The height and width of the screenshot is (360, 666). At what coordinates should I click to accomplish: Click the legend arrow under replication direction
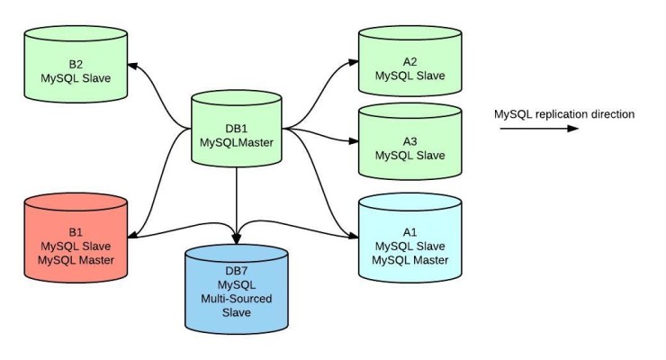pos(538,129)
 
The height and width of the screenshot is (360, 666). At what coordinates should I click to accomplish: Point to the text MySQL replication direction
pos(564,114)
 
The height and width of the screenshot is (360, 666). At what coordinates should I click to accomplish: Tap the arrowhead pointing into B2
pos(132,65)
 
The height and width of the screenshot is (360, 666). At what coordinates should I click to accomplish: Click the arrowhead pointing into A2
pos(353,62)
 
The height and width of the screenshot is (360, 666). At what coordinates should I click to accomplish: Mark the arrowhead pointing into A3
pos(353,140)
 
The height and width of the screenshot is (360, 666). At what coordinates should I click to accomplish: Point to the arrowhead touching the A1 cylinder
pos(352,237)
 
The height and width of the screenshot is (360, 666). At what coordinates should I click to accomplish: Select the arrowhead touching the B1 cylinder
pos(134,236)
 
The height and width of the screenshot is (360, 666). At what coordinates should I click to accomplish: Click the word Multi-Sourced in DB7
pos(237,299)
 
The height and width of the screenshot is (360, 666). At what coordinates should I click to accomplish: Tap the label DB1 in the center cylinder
pos(237,127)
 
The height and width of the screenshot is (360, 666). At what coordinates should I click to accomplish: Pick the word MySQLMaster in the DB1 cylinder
pos(237,141)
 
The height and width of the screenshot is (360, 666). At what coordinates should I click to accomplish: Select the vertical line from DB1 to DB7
pos(237,202)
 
